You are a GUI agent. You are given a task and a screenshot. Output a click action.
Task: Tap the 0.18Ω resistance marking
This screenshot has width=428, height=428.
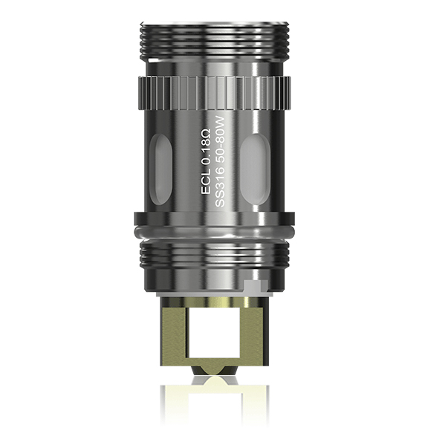click(x=207, y=151)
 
